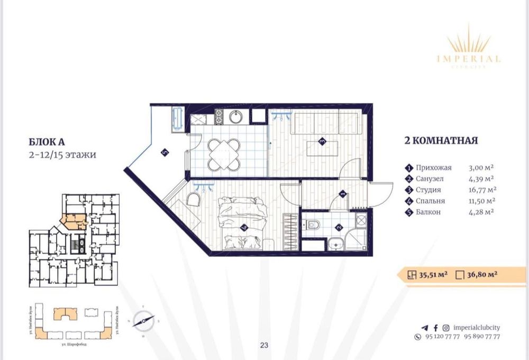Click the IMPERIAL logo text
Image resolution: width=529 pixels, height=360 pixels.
click(469, 59)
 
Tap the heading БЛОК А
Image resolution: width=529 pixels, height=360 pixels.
click(47, 142)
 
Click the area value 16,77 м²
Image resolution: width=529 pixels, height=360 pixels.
click(481, 190)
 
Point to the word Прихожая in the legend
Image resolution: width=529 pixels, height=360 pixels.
click(433, 167)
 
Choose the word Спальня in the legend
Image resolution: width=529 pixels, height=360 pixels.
click(430, 201)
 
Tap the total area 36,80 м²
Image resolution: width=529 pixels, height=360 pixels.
click(480, 274)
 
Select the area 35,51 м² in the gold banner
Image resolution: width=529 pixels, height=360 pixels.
click(434, 274)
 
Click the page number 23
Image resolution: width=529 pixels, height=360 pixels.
click(264, 345)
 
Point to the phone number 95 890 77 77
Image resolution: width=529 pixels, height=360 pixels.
click(482, 337)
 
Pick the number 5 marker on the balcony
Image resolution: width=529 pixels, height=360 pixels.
click(164, 152)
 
